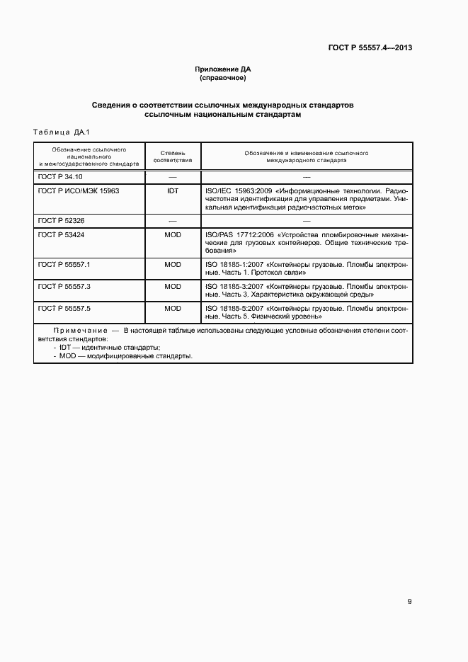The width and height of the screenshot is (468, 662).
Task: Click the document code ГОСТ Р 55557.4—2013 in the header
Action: click(370, 47)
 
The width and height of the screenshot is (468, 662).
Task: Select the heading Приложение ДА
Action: click(223, 69)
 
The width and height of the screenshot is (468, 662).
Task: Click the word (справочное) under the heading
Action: click(223, 78)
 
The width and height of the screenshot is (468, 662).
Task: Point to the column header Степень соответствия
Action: click(173, 156)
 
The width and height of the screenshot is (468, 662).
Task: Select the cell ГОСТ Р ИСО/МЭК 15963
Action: click(79, 190)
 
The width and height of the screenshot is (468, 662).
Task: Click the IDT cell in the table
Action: click(173, 190)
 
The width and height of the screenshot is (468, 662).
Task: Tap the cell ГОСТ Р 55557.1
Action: click(62, 263)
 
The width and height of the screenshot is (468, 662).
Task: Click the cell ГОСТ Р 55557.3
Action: click(62, 286)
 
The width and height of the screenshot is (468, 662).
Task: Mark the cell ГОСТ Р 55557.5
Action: click(62, 309)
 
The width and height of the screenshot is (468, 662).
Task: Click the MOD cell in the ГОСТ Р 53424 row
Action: click(173, 234)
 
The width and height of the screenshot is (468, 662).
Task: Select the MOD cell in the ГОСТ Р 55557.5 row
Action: click(173, 309)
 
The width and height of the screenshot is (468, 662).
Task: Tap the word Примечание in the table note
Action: click(76, 331)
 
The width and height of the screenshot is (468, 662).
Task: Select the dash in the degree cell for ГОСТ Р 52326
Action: click(173, 221)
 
